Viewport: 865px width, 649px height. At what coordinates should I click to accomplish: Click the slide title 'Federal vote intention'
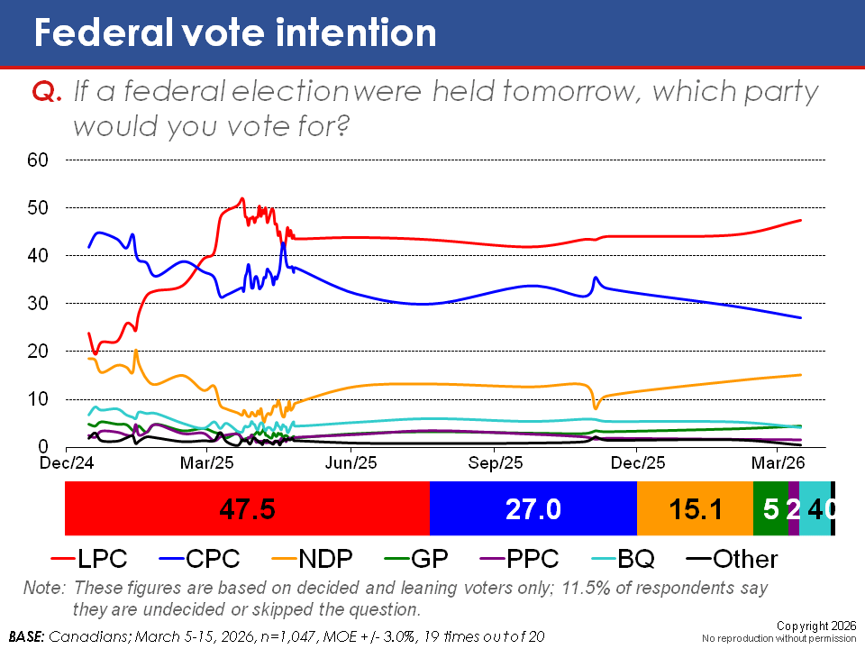point(234,33)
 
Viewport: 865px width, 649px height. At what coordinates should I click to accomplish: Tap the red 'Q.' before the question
point(47,92)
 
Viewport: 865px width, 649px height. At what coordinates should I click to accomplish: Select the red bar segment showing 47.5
point(247,509)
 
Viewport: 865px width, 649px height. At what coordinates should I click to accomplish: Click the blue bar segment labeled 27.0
point(533,509)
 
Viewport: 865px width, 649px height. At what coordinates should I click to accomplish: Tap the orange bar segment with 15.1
point(694,509)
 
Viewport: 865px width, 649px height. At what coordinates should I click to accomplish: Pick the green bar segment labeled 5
point(770,509)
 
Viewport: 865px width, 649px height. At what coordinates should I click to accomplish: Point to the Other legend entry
point(730,559)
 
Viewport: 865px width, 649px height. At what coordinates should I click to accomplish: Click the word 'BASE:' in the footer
point(28,635)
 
